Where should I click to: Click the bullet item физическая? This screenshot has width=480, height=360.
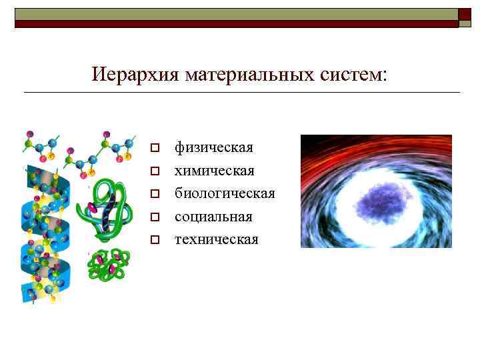tap(213, 147)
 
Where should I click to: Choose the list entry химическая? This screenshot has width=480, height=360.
tap(214, 171)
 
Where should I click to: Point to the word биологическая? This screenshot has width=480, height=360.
tap(225, 193)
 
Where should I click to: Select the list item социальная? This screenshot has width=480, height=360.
tap(213, 217)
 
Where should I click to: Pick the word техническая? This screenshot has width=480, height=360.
tap(216, 239)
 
